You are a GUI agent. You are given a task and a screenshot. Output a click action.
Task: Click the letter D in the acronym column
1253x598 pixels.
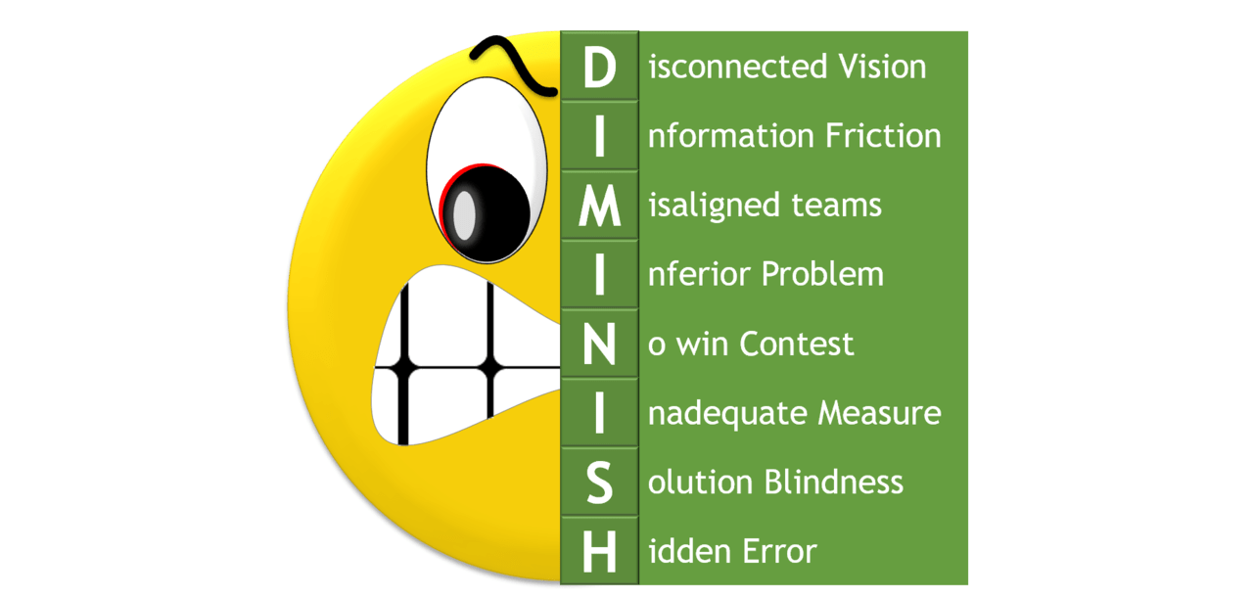click(599, 68)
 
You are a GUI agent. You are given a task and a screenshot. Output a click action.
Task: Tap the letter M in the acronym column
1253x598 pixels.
click(599, 206)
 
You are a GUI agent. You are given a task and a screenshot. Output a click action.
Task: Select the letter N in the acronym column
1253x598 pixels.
click(599, 345)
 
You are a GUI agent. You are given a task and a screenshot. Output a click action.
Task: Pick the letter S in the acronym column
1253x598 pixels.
click(599, 483)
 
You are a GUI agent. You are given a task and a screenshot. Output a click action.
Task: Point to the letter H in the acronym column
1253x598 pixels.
click(599, 552)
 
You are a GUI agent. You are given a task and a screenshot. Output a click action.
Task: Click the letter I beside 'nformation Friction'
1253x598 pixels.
click(599, 137)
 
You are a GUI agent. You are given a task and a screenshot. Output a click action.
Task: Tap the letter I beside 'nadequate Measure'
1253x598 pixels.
click(599, 413)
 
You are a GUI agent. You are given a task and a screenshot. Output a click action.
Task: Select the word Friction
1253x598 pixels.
click(884, 136)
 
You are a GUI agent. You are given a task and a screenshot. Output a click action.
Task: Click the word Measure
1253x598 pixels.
click(879, 413)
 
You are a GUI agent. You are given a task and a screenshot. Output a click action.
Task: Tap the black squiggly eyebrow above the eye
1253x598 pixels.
click(509, 61)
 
